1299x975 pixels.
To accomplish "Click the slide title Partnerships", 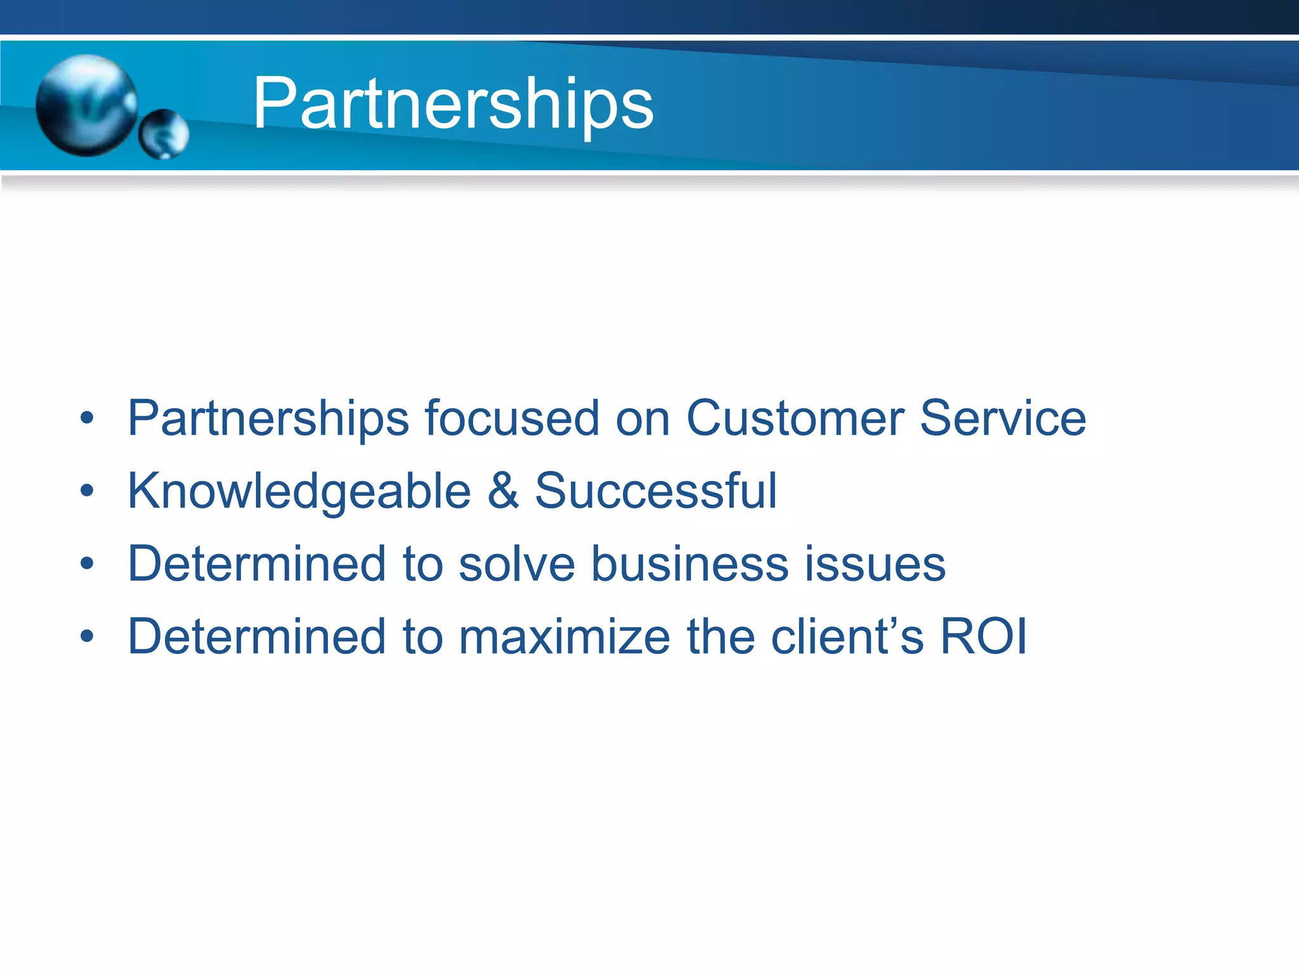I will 453,103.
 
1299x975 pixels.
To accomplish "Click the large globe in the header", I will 86,105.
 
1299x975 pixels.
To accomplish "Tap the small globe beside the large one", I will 164,134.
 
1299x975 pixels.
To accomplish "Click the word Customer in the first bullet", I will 795,418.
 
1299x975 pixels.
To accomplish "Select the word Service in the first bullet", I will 1003,418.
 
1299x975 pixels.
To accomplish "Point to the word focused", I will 512,418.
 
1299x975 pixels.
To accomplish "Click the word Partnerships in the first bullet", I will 268,420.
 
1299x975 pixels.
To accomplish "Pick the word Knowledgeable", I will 299,492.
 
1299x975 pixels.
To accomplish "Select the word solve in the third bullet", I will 516,564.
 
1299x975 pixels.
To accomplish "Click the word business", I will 690,564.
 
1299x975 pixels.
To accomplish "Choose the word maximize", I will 564,637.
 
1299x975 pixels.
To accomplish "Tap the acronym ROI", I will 983,637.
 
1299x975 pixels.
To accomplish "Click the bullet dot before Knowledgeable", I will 88,491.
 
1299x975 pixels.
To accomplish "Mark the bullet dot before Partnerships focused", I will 88,418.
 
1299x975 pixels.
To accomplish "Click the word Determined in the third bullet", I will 256,564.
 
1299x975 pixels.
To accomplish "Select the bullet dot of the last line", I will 88,637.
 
